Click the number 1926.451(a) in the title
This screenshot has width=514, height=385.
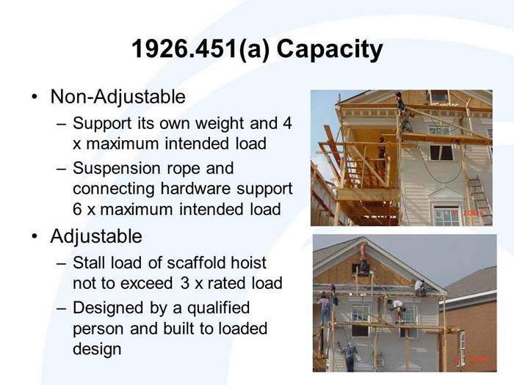184,51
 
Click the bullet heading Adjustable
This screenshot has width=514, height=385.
96,237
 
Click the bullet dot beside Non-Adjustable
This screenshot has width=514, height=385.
35,98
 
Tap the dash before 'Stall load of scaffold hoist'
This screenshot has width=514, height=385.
61,263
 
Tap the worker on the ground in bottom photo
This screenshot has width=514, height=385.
350,356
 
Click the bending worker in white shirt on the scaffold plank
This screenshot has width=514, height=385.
397,309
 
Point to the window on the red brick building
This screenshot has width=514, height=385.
462,344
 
